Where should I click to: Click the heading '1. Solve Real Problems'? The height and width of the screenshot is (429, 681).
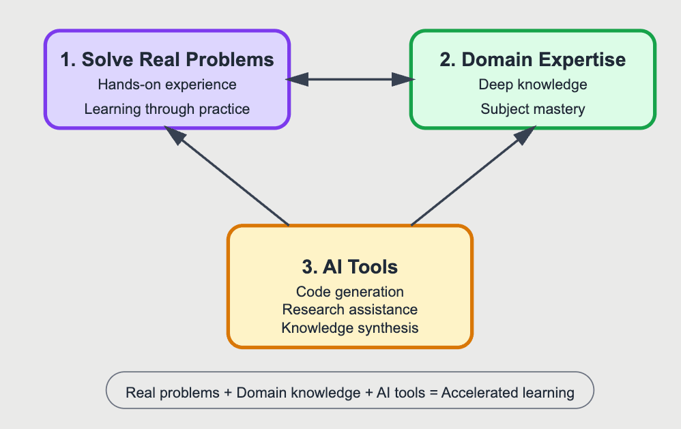[x=166, y=59]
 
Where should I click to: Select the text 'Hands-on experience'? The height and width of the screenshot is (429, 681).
[x=167, y=85]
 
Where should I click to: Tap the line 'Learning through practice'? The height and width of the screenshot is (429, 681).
[x=166, y=108]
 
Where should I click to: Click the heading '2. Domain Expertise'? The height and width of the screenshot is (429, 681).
[x=532, y=59]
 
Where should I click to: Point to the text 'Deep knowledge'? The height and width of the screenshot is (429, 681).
[x=532, y=85]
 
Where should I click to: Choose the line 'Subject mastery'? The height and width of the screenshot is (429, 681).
[x=532, y=108]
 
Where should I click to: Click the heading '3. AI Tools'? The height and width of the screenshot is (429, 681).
[x=349, y=267]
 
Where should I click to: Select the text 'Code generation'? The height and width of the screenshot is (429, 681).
[x=349, y=291]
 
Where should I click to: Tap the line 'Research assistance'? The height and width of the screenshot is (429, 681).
[x=349, y=309]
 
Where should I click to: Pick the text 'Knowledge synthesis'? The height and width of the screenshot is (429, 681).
[x=349, y=327]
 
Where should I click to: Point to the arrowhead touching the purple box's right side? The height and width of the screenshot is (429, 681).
[x=297, y=80]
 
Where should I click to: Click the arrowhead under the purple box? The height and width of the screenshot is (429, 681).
[x=175, y=135]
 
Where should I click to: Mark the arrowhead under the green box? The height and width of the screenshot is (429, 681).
[x=525, y=135]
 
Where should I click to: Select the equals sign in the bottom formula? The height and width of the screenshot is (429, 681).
[x=433, y=393]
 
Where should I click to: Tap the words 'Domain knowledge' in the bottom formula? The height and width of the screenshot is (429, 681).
[x=298, y=393]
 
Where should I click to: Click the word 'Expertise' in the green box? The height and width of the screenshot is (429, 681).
[x=581, y=60]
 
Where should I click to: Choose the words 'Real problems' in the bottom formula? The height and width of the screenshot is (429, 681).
[x=173, y=393]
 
